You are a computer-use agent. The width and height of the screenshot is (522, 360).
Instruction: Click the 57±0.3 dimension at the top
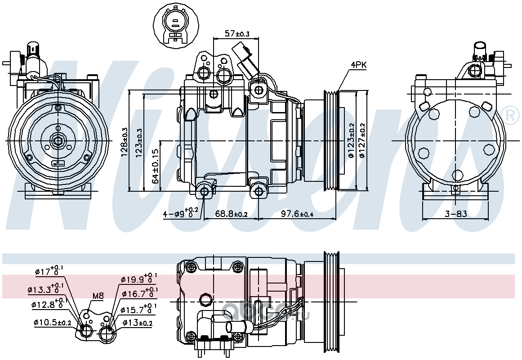[x=236, y=33]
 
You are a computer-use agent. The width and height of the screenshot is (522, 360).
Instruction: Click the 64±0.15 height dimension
[x=156, y=166]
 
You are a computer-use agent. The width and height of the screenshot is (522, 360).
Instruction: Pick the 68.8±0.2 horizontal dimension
[x=231, y=214]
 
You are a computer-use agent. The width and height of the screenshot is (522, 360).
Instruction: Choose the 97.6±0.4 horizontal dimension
[x=297, y=214]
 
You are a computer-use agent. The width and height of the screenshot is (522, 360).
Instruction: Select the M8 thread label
[x=98, y=296]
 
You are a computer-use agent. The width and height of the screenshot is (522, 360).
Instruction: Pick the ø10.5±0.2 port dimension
[x=52, y=322]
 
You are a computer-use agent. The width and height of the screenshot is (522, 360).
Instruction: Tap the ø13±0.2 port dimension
[x=137, y=322]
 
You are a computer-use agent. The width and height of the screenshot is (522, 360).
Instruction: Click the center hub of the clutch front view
[x=58, y=141]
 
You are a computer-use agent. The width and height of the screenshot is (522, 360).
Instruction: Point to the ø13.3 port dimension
[x=45, y=289]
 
